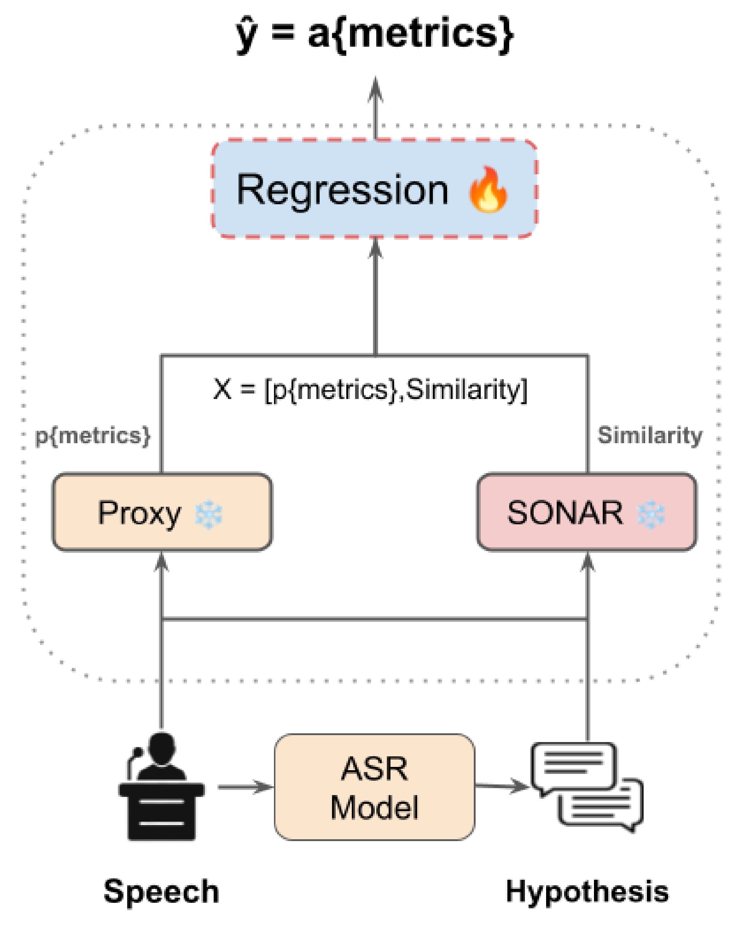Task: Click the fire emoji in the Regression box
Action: tap(488, 190)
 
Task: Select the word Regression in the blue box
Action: tap(342, 190)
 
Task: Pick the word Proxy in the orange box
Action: tap(139, 513)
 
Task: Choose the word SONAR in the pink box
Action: tap(565, 513)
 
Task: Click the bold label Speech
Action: tap(161, 892)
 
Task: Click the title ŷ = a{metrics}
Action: tap(375, 35)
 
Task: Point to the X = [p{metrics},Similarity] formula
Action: tap(370, 389)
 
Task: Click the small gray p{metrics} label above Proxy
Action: tap(93, 436)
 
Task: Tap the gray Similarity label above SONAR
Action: tap(649, 436)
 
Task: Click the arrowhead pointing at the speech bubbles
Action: tap(520, 786)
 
